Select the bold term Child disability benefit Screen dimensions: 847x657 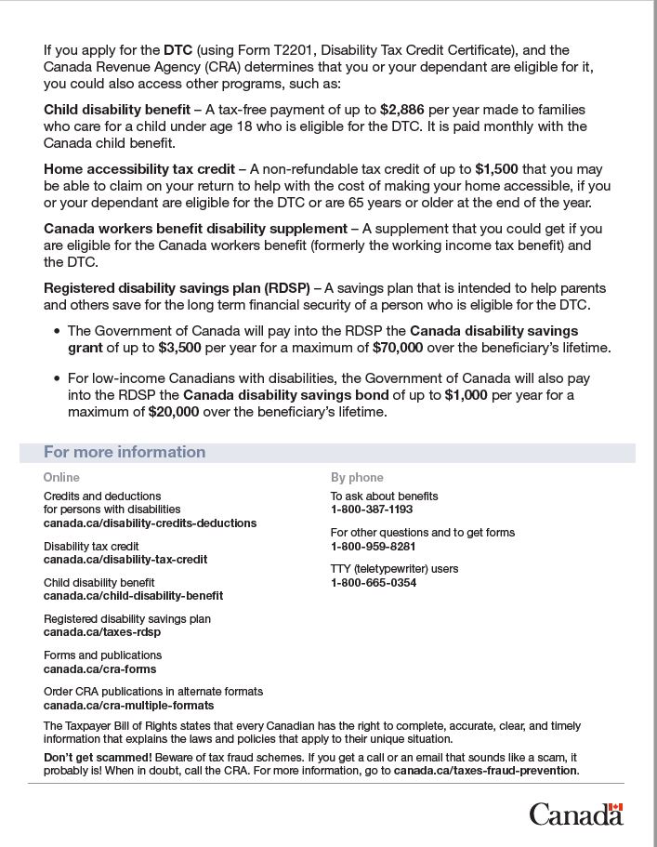click(x=117, y=110)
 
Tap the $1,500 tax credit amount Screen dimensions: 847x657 click(x=497, y=169)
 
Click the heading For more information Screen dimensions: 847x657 click(x=125, y=453)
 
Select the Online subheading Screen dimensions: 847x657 click(x=61, y=477)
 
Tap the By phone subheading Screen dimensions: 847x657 click(x=357, y=477)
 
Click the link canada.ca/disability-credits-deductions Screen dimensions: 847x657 click(x=150, y=523)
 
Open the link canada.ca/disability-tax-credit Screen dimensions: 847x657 click(x=125, y=560)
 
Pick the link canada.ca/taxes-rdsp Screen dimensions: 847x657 click(x=102, y=632)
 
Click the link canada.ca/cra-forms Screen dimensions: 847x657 click(x=99, y=668)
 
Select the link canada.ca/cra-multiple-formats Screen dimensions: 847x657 click(x=128, y=705)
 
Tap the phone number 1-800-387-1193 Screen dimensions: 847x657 click(x=372, y=510)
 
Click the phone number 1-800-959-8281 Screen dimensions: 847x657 click(x=373, y=546)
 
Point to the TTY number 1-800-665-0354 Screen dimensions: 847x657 click(x=374, y=583)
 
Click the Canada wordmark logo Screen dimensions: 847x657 click(x=576, y=814)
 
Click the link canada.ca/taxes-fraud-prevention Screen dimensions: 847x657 click(x=485, y=771)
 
